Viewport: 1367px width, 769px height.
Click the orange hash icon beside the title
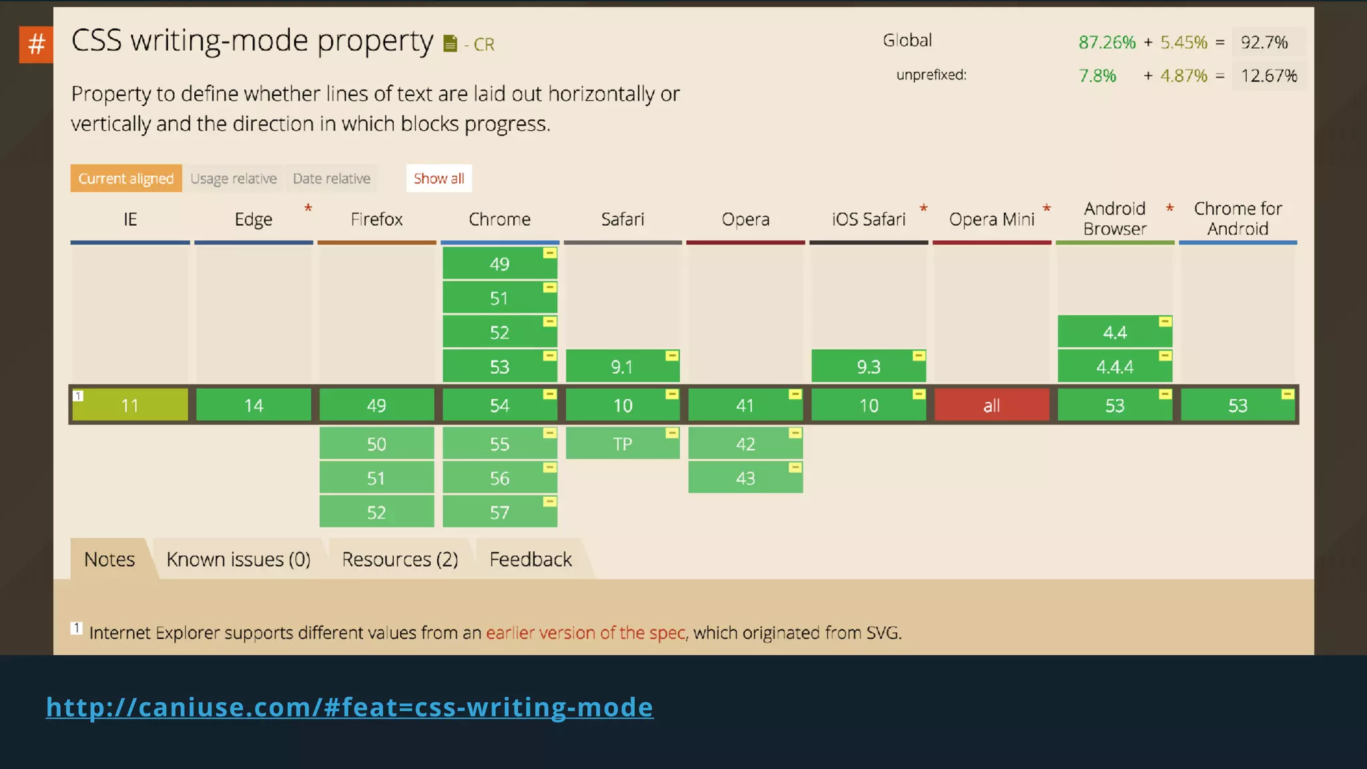[x=36, y=44]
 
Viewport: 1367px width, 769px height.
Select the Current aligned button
[x=126, y=178]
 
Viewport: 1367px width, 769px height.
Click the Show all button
[x=439, y=178]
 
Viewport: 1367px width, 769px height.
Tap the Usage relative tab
[x=233, y=178]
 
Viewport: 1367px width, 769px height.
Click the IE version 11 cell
[x=130, y=405]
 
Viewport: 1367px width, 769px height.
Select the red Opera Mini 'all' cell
[x=991, y=405]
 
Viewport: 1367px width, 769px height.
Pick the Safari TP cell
[x=622, y=444]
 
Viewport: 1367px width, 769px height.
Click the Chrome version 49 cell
[x=499, y=264]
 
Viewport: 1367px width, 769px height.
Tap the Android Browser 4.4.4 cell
[x=1114, y=366]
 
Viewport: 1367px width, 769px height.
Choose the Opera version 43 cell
[x=745, y=478]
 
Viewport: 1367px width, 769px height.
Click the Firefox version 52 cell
[x=376, y=512]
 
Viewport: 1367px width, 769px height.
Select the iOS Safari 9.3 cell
[x=868, y=366]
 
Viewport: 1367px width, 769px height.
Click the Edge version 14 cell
[x=254, y=405]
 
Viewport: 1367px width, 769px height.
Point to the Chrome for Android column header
[x=1238, y=218]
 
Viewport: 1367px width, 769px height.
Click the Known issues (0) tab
[x=238, y=559]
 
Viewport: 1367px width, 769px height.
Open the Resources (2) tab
[x=400, y=559]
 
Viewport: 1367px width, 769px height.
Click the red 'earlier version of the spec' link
[x=585, y=632]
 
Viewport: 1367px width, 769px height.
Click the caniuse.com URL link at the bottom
[x=349, y=707]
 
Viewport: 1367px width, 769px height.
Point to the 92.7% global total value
[x=1264, y=42]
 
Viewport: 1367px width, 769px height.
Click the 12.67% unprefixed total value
[x=1268, y=75]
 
